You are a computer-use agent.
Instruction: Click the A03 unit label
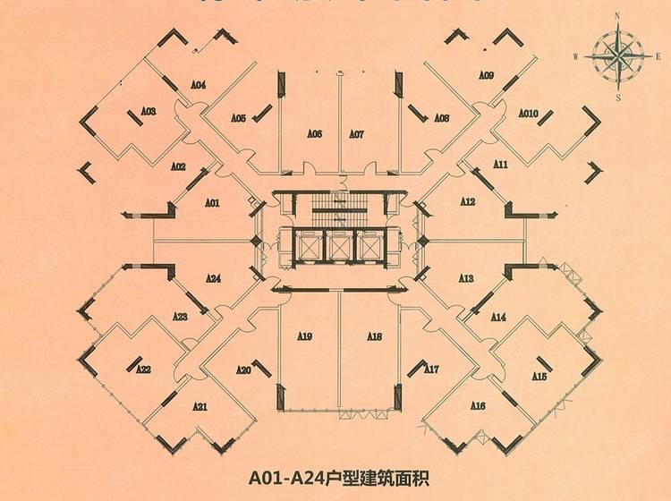point(149,112)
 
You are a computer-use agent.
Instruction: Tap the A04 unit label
point(199,85)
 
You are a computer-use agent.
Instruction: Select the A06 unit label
point(314,134)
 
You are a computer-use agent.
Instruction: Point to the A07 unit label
point(356,134)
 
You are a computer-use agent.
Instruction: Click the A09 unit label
point(487,76)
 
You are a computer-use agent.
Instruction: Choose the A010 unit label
point(528,114)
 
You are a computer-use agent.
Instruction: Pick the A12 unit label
point(467,202)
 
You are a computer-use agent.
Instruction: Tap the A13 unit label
point(466,279)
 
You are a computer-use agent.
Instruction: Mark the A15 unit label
point(539,377)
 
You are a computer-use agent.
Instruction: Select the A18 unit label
point(375,336)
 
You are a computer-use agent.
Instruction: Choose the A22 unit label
point(143,369)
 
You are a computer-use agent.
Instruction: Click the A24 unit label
point(213,279)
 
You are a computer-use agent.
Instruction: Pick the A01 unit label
point(212,203)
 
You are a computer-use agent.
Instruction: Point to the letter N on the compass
point(617,17)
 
